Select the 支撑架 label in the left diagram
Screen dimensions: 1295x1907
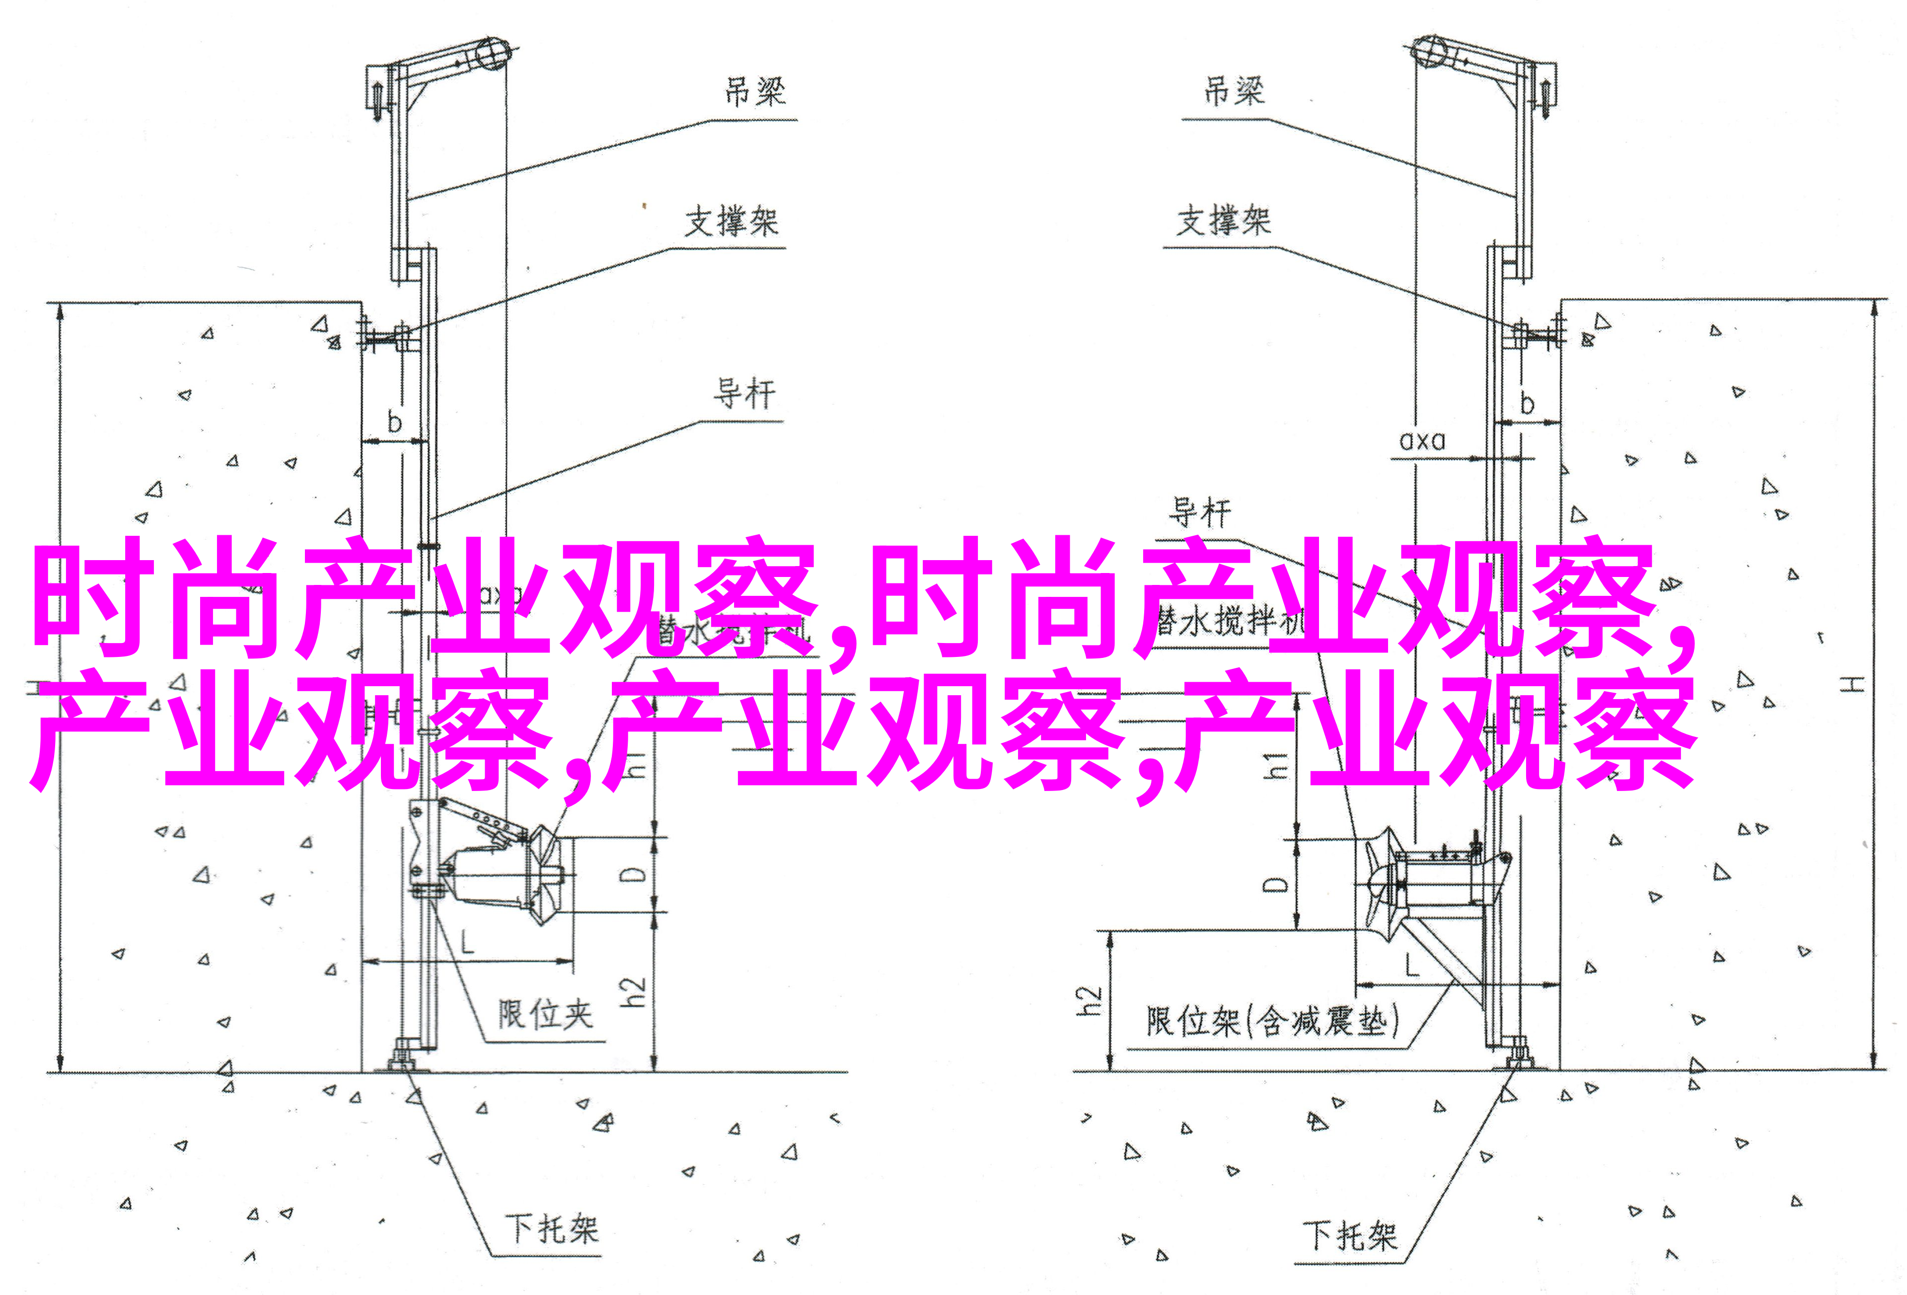point(731,221)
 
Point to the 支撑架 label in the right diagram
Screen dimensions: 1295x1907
point(1223,221)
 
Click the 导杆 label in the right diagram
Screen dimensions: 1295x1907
point(1200,513)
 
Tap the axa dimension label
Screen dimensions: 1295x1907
point(1421,441)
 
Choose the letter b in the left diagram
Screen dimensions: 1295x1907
point(395,422)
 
